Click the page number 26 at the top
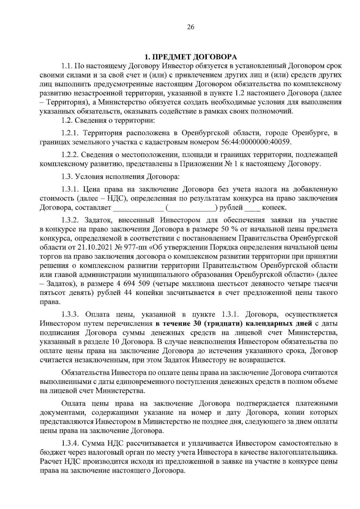pos(190,27)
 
